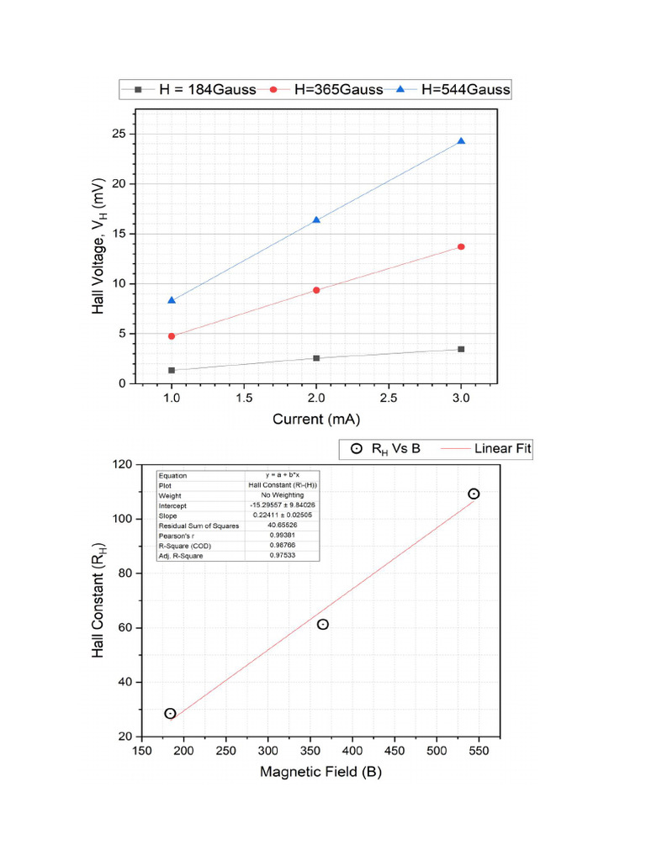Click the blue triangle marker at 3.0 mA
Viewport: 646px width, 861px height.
tap(461, 141)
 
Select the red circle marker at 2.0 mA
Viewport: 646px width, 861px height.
tap(316, 290)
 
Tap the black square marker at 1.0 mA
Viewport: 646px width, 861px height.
tap(172, 370)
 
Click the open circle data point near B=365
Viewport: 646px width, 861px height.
tap(322, 624)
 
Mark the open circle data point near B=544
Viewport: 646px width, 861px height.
tap(474, 494)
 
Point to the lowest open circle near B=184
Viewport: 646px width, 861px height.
tap(170, 713)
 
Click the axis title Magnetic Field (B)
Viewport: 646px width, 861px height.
tap(320, 772)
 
